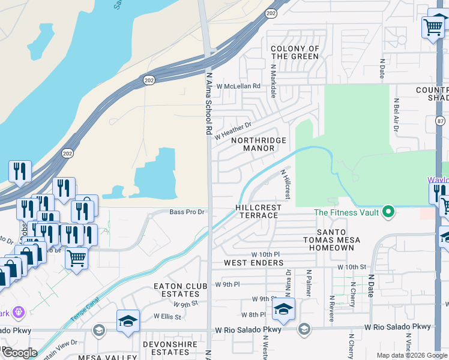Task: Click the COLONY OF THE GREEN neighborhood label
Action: (295, 52)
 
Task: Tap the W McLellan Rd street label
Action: (239, 86)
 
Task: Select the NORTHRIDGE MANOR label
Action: (259, 144)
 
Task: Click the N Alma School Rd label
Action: (209, 103)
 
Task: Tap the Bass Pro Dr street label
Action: (187, 212)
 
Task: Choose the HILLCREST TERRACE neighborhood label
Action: (258, 211)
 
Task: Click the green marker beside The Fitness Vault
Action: (388, 212)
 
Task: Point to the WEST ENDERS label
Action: (253, 263)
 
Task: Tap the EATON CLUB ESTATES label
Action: (176, 290)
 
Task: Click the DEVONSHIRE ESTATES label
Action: (166, 348)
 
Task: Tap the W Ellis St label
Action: (167, 316)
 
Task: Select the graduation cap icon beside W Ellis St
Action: (128, 322)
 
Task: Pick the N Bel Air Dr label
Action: (396, 116)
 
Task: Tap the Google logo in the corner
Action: (19, 353)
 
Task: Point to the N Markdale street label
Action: (273, 82)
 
